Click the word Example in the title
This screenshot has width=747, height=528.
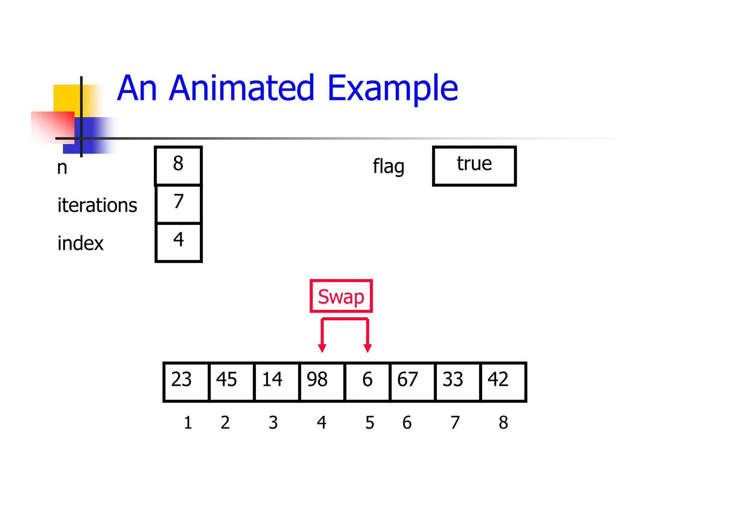tap(392, 89)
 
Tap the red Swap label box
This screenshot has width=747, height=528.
tap(341, 296)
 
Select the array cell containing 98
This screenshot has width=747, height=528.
tap(322, 382)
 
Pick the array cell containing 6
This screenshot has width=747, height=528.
tap(367, 382)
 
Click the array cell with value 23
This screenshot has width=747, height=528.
tap(186, 382)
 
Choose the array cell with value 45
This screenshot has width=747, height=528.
tap(232, 382)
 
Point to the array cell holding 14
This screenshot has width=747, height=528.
tap(277, 382)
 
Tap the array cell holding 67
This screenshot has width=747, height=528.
tap(413, 382)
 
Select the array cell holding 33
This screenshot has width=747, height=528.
tap(458, 382)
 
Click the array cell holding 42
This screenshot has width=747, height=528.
tap(503, 382)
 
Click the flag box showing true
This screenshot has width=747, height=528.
tap(474, 166)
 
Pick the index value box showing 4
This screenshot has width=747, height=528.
tap(178, 242)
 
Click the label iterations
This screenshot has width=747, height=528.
tap(97, 205)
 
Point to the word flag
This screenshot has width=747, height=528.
tap(388, 167)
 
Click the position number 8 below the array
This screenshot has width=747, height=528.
tap(503, 423)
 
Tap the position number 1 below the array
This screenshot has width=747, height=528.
tap(188, 423)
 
